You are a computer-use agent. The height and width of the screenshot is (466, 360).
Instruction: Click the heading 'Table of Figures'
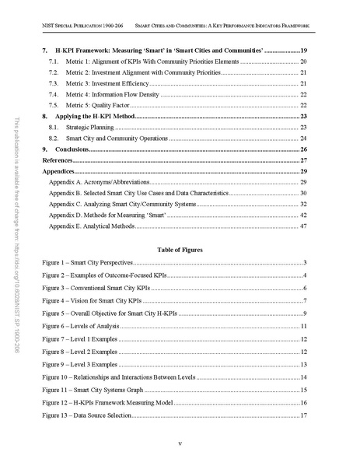[180, 251]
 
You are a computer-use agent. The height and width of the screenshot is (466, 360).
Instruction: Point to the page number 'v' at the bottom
[180, 444]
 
